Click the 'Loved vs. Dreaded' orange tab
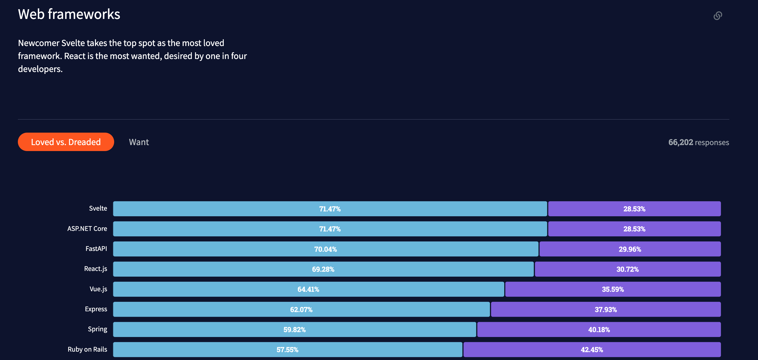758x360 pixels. [x=66, y=142]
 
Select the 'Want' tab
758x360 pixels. [x=139, y=142]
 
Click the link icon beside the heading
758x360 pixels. [x=717, y=16]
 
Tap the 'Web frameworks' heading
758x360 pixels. [x=69, y=14]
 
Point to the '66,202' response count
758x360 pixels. [x=680, y=142]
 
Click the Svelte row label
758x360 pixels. [x=98, y=208]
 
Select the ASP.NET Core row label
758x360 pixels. [x=87, y=229]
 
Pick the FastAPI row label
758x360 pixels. [x=96, y=249]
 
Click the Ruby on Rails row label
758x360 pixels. [x=87, y=349]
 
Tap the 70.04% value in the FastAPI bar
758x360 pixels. [x=325, y=249]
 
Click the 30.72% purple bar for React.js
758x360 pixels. [x=627, y=269]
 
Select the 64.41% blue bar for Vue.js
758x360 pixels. [x=308, y=289]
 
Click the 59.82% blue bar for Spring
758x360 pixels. [x=294, y=330]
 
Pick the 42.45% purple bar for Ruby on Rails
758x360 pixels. [x=591, y=350]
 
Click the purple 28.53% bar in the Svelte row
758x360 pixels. [x=634, y=209]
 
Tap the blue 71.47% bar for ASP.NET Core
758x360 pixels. [x=329, y=229]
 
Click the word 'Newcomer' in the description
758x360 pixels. [x=38, y=43]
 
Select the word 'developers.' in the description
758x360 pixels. [x=40, y=69]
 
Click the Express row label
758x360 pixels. [x=96, y=309]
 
